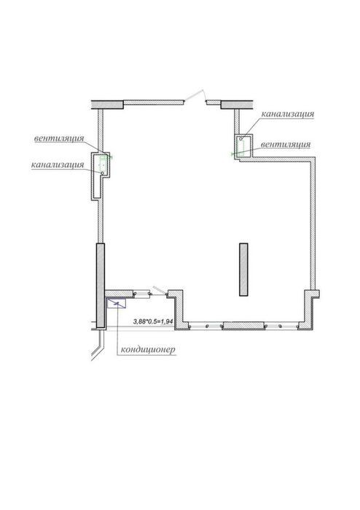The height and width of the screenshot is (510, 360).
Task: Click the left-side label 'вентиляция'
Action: [59, 138]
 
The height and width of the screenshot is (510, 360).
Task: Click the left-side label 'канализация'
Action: [58, 165]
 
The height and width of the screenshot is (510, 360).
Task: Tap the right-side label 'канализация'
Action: [288, 114]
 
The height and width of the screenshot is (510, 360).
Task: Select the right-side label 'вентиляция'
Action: [286, 144]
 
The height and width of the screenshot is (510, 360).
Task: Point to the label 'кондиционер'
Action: [148, 350]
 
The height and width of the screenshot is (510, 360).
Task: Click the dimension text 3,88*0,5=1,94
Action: [153, 321]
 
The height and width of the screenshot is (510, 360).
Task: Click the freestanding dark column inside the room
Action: [243, 270]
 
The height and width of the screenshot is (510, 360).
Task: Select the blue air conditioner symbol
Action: [116, 303]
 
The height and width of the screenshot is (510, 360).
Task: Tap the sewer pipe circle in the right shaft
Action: [241, 139]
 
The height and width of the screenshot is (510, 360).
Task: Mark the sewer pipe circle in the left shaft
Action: [102, 173]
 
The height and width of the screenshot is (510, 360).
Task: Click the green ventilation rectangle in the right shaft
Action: [241, 148]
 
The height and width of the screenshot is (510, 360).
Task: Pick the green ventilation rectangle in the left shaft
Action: [103, 161]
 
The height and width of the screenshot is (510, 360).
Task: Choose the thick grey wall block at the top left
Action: [107, 104]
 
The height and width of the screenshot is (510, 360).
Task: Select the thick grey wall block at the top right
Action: [237, 104]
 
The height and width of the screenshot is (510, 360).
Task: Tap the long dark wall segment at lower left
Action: [101, 286]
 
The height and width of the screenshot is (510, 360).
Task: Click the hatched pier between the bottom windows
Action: [243, 325]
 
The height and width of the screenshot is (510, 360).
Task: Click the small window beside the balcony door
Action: [142, 294]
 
